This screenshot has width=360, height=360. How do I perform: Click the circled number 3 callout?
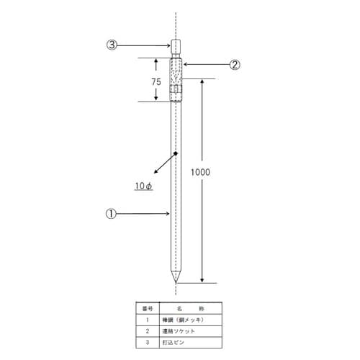112,45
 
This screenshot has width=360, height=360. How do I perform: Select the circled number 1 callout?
112,213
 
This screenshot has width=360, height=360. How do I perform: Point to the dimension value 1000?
200,173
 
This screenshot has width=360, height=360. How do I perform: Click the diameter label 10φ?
143,186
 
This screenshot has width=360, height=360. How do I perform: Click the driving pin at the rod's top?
176,48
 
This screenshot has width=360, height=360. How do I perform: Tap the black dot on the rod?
176,153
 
